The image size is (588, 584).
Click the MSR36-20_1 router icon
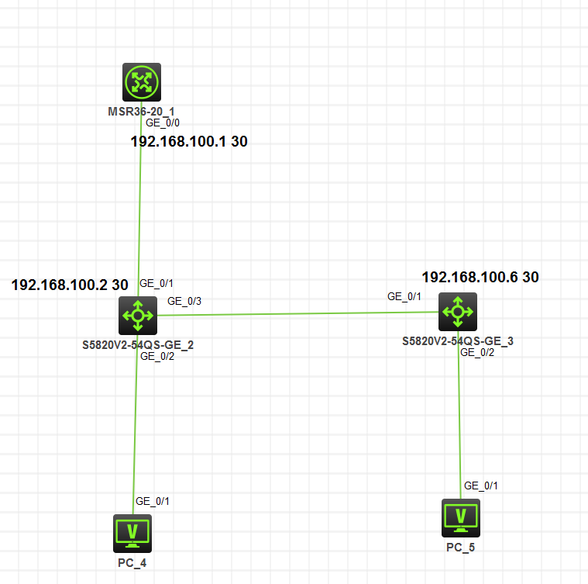point(141,81)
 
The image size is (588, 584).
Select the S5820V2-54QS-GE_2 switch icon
point(138,314)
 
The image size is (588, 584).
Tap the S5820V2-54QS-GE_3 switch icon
point(457,312)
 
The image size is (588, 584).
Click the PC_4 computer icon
point(132,533)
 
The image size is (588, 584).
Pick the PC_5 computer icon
point(461,517)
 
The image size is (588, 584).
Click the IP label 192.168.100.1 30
point(188,142)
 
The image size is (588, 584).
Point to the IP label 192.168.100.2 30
point(70,285)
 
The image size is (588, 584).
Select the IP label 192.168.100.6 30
point(480,277)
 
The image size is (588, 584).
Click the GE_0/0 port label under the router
point(163,123)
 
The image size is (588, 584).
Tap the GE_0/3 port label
point(184,301)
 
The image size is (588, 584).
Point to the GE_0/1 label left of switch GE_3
point(404,296)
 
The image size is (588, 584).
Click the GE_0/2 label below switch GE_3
point(477,351)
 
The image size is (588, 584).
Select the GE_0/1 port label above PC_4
point(153,501)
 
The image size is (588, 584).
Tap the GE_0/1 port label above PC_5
point(481,486)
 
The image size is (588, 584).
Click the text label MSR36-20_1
point(141,112)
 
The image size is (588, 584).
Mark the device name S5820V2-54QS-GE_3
point(457,340)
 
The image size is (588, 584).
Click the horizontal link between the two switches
point(294,313)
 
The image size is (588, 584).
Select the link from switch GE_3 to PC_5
point(460,419)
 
